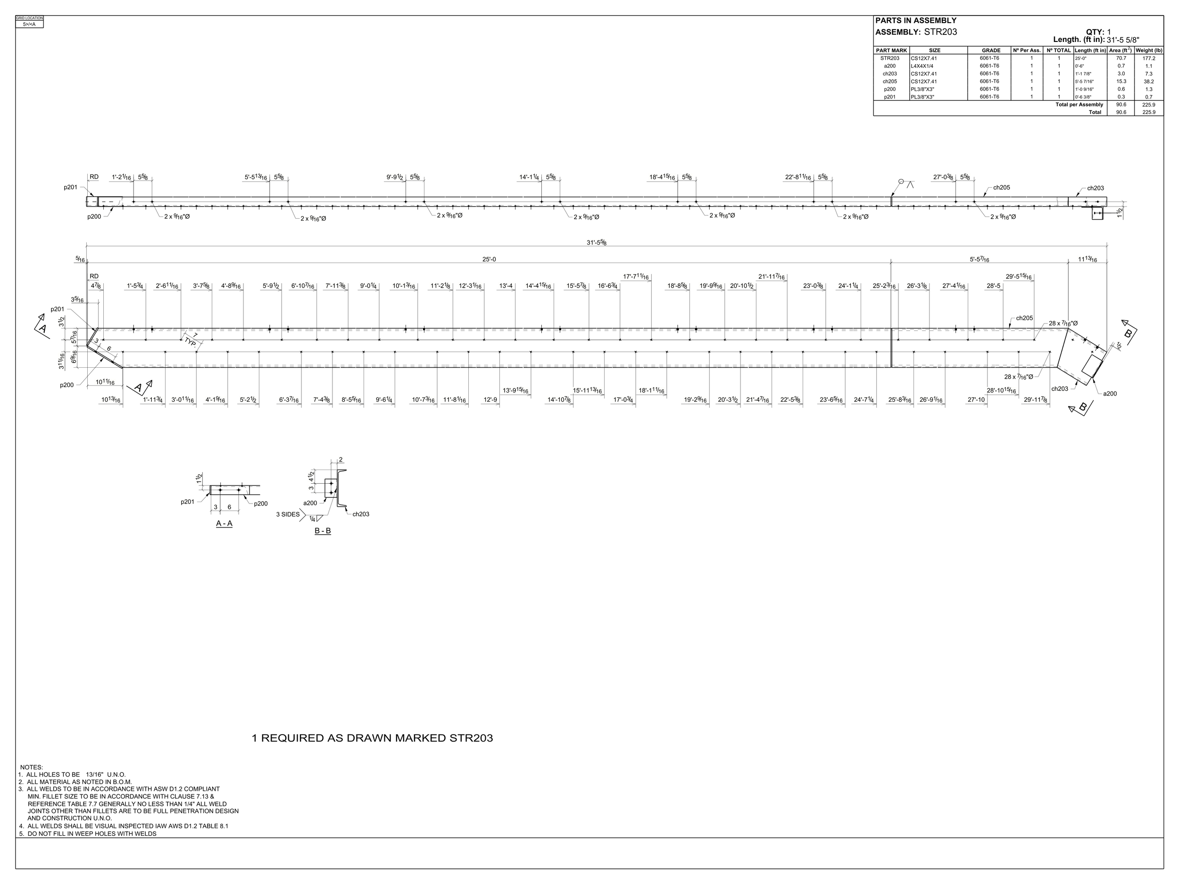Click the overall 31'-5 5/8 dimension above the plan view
click(x=597, y=243)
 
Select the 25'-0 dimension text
click(x=489, y=259)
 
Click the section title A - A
click(x=224, y=524)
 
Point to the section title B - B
click(x=323, y=531)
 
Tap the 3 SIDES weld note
click(x=288, y=515)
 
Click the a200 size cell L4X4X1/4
click(x=922, y=66)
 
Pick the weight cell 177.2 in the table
click(x=1149, y=58)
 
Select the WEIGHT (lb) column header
click(x=1149, y=50)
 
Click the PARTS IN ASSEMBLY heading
click(x=916, y=21)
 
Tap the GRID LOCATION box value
click(x=29, y=24)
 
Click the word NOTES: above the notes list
click(x=32, y=767)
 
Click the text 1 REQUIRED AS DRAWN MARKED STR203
click(x=372, y=738)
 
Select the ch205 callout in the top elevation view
click(x=1001, y=188)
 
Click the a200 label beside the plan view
click(x=1110, y=394)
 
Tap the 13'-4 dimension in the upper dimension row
click(x=506, y=286)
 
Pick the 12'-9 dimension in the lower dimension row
click(x=490, y=400)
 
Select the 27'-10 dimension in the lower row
click(x=977, y=400)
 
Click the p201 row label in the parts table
click(x=889, y=97)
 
